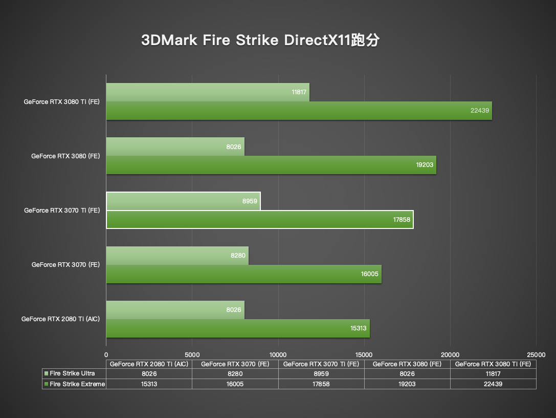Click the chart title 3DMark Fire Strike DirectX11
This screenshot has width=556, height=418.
(x=260, y=41)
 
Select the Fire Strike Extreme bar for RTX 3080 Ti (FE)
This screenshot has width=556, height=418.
(x=299, y=111)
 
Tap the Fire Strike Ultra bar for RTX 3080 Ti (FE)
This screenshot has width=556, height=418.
(x=207, y=92)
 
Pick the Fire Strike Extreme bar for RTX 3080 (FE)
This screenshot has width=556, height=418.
(x=271, y=165)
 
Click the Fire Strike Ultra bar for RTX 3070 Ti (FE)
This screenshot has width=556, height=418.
(x=183, y=201)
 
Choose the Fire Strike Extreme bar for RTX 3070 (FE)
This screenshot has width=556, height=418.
(x=243, y=274)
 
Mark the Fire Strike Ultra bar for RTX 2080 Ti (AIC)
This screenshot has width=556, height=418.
(x=175, y=310)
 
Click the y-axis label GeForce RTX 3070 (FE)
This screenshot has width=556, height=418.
(x=65, y=265)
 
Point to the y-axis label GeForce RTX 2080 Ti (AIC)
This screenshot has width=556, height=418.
(x=60, y=319)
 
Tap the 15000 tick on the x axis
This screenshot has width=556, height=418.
(x=364, y=354)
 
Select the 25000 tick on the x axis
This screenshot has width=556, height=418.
(x=536, y=354)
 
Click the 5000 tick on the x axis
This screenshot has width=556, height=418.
(x=192, y=354)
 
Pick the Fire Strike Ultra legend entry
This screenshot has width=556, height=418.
(x=72, y=374)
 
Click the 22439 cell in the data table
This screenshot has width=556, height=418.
(x=493, y=384)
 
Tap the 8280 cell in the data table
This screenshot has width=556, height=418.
(x=235, y=374)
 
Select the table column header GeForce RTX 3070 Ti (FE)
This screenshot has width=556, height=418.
(x=321, y=364)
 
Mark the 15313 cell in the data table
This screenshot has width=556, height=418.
(x=149, y=384)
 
